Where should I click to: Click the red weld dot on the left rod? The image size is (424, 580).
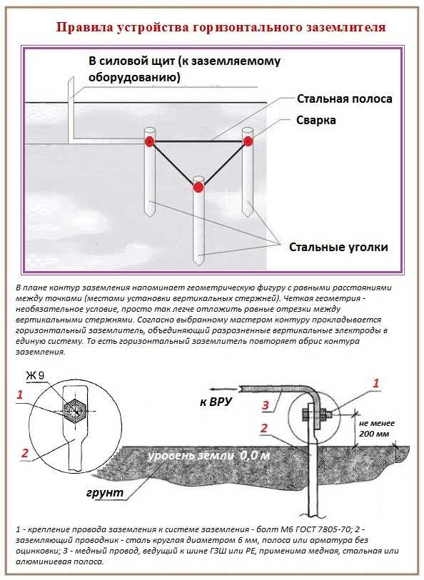tap(149, 141)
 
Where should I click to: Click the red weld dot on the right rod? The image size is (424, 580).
tap(248, 141)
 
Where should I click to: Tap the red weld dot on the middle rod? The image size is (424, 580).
tap(198, 187)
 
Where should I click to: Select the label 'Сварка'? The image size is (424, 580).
tap(316, 121)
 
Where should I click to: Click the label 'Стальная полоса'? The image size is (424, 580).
tap(345, 99)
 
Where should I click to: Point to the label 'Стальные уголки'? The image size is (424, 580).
tap(338, 247)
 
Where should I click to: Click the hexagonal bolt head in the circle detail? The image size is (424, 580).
tap(75, 412)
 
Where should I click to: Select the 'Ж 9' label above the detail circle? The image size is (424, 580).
tap(35, 376)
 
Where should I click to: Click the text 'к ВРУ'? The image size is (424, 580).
tap(216, 402)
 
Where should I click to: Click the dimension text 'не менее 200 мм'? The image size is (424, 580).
tap(377, 428)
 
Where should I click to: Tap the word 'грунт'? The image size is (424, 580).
tap(105, 493)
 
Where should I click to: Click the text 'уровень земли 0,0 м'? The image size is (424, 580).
tap(208, 455)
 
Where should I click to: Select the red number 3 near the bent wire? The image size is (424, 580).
tap(266, 405)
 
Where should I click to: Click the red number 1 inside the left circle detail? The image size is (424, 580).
tap(20, 395)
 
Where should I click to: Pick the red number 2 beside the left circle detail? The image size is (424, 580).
tap(24, 453)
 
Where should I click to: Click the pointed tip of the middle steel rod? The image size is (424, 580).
tap(198, 264)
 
